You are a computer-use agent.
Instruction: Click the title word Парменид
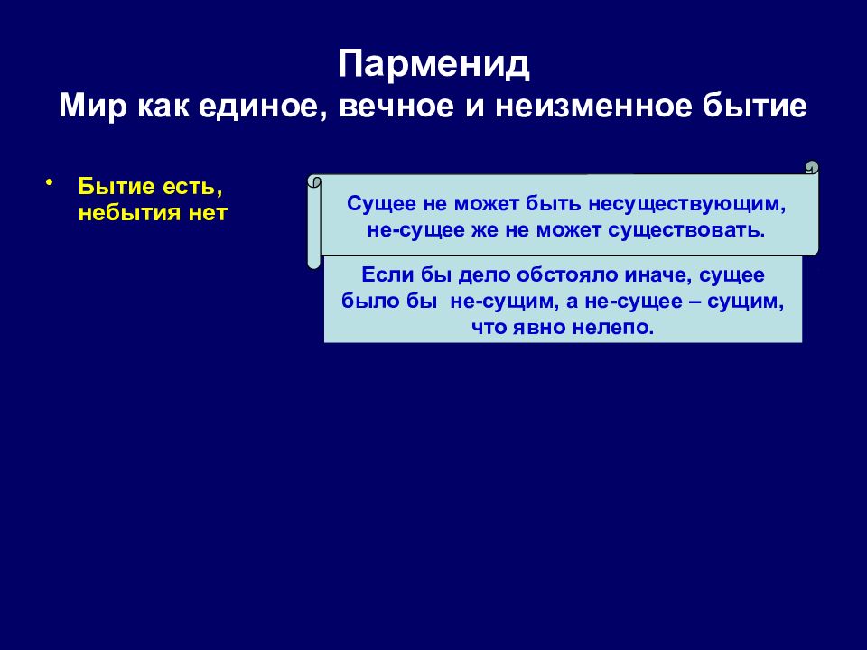[433, 65]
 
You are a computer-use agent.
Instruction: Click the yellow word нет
[209, 214]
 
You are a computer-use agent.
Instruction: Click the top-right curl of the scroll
[811, 167]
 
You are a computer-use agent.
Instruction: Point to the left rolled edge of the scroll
[313, 221]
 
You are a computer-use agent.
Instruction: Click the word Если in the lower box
[383, 275]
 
